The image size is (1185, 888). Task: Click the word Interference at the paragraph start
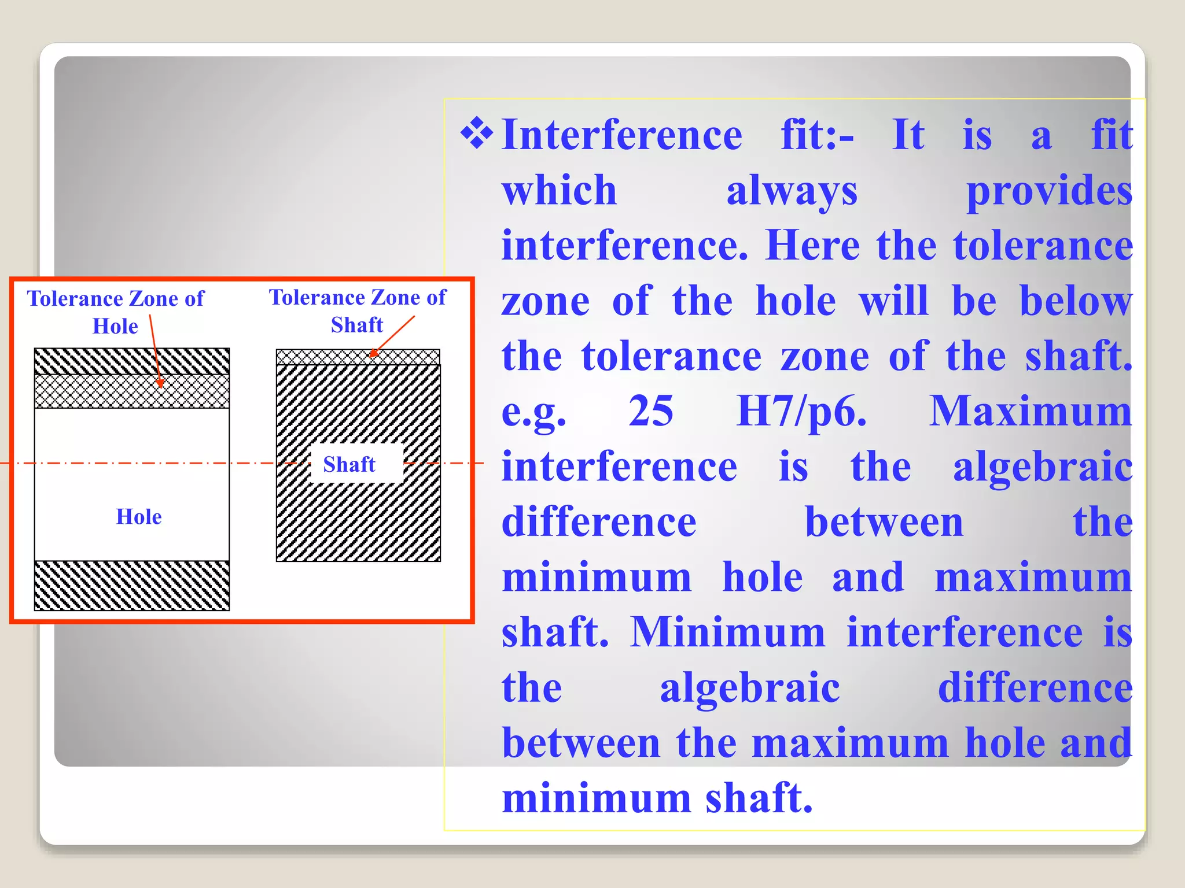621,135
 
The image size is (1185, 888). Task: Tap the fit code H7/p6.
801,412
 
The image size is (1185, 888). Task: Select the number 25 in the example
651,412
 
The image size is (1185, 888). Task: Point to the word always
792,191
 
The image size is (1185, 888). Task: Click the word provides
1049,191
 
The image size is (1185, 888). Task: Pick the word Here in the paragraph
812,246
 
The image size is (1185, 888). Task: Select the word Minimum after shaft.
727,632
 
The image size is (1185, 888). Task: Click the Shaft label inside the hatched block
349,464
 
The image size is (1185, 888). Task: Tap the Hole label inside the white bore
139,516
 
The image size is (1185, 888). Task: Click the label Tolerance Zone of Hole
116,312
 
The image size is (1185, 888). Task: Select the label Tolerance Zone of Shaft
358,310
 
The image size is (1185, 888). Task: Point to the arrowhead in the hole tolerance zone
160,383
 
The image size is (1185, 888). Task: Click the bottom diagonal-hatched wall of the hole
132,585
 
